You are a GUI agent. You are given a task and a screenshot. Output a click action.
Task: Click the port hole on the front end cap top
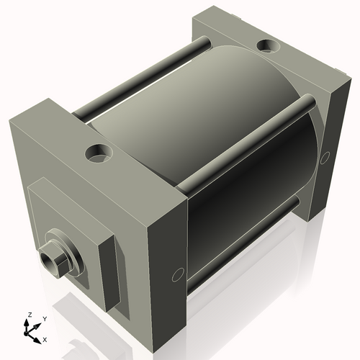[x=99, y=153]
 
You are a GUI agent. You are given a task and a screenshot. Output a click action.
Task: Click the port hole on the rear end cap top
[x=268, y=45]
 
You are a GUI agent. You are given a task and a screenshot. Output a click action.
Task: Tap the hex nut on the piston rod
[x=54, y=260]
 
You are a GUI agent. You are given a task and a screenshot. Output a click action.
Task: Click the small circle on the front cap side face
[x=178, y=275]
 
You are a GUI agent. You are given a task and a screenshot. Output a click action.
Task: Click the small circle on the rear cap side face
[x=325, y=158]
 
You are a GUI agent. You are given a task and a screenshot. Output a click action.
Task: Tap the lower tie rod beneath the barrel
[x=243, y=245]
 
